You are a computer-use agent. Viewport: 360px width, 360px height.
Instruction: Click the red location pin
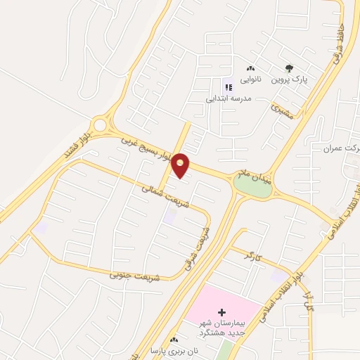[181, 165]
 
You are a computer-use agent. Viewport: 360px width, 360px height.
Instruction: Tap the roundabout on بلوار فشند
[100, 126]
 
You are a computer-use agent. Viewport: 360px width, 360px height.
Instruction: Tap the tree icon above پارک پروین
[289, 68]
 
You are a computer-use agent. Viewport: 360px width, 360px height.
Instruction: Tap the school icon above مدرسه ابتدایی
[228, 87]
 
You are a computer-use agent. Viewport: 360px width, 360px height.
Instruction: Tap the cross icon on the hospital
[222, 311]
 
